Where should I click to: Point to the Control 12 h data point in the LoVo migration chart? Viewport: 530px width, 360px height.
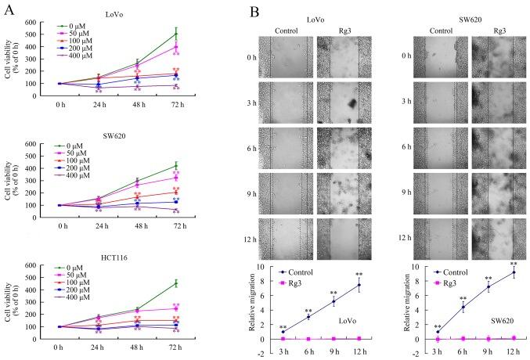point(359,285)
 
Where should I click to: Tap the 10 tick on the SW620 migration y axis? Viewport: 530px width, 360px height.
point(413,267)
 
